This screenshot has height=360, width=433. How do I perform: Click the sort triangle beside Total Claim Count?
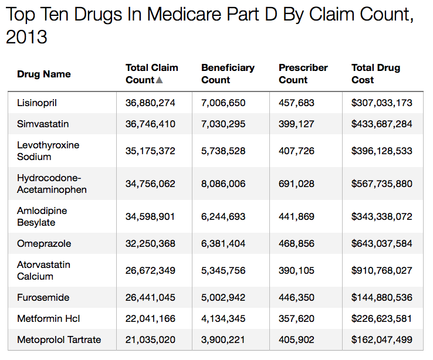(160, 80)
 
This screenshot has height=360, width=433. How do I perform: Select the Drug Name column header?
(44, 74)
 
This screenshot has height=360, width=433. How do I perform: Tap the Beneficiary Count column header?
(228, 74)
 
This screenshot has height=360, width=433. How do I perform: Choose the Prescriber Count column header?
(303, 74)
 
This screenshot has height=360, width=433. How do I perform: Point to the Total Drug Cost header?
(376, 74)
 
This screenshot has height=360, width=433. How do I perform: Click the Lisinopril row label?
(37, 103)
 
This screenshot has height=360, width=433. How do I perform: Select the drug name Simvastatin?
(43, 124)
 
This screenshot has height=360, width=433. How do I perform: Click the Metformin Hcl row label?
(48, 318)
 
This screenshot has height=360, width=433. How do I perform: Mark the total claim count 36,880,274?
(150, 103)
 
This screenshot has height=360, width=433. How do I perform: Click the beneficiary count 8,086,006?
(224, 184)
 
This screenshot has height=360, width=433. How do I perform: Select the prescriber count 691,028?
(296, 184)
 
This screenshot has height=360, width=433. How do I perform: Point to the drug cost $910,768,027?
(382, 270)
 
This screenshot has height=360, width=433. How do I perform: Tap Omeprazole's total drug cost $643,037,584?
(382, 243)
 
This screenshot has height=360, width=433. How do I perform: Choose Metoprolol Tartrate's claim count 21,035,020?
(150, 339)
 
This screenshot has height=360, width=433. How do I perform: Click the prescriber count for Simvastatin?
(296, 124)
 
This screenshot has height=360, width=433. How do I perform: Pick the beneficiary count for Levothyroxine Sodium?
(224, 151)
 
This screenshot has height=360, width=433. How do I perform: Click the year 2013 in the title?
(26, 37)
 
